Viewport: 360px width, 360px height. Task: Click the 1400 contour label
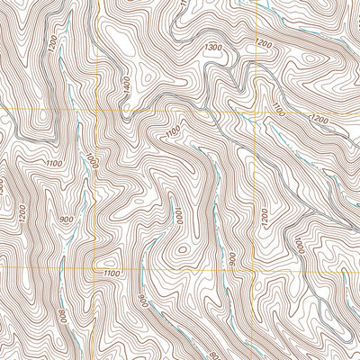126,85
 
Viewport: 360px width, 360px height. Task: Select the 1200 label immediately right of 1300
264,42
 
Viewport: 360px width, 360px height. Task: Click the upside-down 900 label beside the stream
231,258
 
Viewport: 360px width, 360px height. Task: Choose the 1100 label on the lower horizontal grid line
111,273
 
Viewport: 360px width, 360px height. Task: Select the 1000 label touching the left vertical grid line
90,161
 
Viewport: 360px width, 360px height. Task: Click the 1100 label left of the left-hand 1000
52,163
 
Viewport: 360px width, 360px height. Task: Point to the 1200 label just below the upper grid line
318,119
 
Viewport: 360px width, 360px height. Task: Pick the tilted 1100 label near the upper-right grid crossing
277,112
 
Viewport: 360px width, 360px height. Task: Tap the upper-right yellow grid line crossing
256,112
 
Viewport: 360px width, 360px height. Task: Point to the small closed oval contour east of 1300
310,59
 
